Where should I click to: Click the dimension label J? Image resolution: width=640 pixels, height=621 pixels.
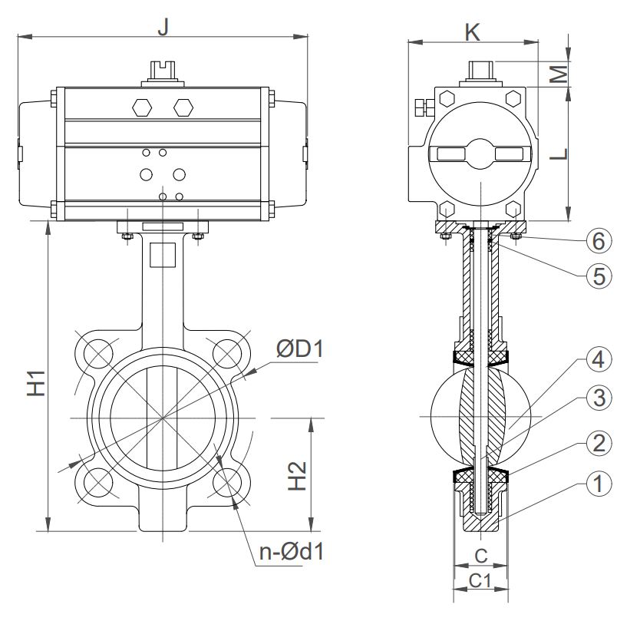(x=162, y=25)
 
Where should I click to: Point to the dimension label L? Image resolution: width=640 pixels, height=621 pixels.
(x=560, y=154)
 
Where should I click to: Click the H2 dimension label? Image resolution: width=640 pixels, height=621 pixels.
(x=300, y=475)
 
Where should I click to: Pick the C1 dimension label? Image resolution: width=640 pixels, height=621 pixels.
(x=480, y=581)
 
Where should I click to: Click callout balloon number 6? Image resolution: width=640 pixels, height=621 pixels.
(x=599, y=241)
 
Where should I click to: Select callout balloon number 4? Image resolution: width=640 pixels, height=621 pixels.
(x=599, y=360)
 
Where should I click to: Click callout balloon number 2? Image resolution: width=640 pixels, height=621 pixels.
(x=599, y=442)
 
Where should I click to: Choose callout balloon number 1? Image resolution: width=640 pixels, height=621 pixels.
(x=599, y=484)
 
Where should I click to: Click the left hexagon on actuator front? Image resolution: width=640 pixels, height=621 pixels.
(x=144, y=107)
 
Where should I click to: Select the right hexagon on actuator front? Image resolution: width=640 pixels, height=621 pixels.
(x=182, y=107)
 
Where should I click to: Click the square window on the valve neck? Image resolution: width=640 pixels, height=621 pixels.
(x=163, y=254)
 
